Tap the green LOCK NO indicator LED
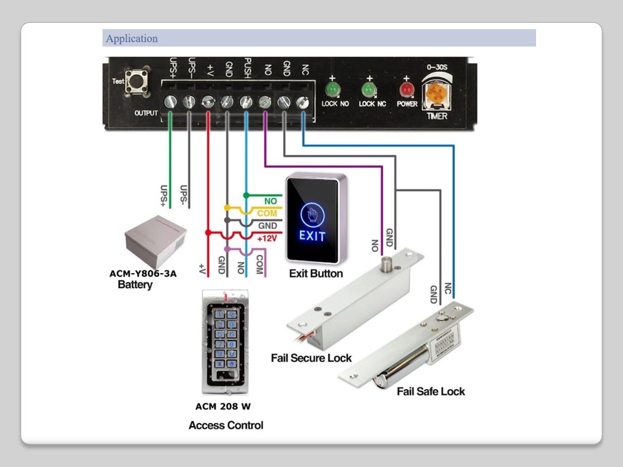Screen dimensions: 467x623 pos(333,88)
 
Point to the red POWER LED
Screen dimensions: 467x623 pos(407,88)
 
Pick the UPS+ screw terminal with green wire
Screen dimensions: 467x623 pos(171,101)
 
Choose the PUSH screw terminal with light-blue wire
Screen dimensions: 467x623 pos(246,101)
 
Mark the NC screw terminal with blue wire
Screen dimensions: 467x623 pos(302,101)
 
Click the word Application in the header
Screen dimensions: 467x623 pos(132,38)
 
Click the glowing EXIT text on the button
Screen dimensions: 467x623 pos(312,235)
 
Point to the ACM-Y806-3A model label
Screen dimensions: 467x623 pos(143,274)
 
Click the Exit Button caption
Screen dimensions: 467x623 pos(316,274)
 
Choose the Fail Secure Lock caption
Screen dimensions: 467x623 pos(311,358)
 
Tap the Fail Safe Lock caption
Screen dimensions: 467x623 pos(431,391)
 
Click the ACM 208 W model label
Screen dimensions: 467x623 pos(223,407)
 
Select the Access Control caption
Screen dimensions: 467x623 pos(226,425)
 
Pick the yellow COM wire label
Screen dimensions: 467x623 pos(267,213)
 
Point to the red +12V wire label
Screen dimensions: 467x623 pos(267,238)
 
